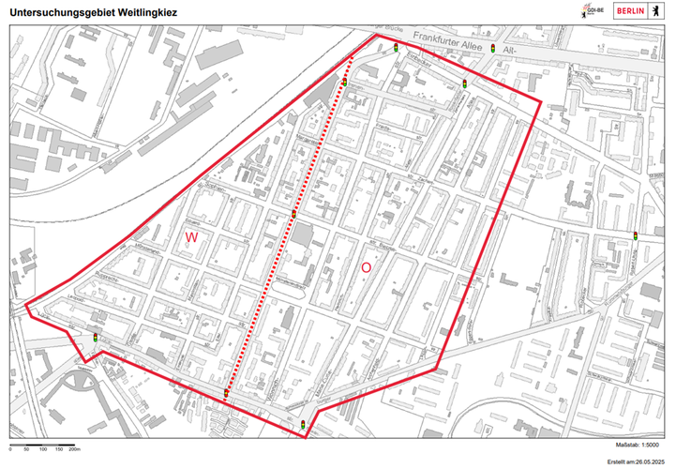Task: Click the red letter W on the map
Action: [191, 238]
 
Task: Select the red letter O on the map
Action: [367, 267]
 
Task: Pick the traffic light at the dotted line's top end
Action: [345, 83]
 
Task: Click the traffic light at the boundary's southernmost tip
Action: [303, 425]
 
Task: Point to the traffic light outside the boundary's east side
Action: [637, 234]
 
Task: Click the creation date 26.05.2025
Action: [650, 461]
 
